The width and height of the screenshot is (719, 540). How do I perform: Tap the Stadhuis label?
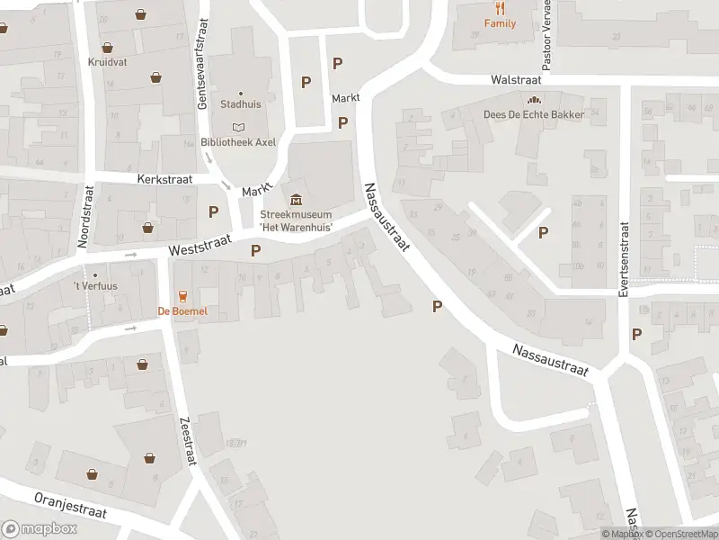point(241,103)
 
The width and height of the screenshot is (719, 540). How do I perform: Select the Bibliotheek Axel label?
point(238,141)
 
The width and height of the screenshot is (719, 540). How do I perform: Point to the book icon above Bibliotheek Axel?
point(238,127)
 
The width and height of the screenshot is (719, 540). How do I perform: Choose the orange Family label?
point(500,24)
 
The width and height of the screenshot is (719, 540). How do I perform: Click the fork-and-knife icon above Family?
point(500,9)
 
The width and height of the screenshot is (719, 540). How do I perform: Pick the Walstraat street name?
point(514,80)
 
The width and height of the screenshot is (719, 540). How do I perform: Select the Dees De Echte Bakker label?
point(534,114)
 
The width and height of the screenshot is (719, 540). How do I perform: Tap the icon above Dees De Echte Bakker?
point(534,100)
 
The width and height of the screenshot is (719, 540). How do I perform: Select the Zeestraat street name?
point(188,442)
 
